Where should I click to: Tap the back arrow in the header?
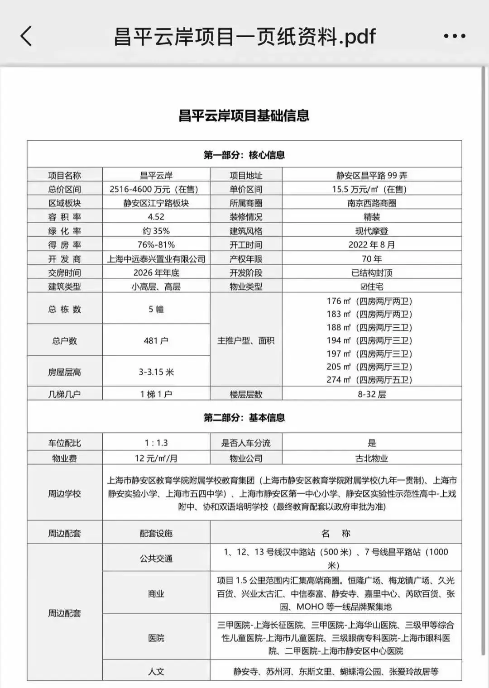(x=26, y=36)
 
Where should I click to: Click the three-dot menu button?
(x=454, y=36)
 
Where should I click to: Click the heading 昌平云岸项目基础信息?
(x=244, y=115)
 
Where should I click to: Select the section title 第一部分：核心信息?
(x=244, y=155)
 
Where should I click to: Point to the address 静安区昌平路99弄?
(x=371, y=176)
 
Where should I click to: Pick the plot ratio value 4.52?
(x=156, y=217)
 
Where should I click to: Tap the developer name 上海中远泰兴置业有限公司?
(x=156, y=259)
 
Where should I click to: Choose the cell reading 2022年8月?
(x=371, y=245)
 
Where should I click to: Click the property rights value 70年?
(x=371, y=259)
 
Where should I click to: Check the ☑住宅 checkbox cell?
(x=371, y=287)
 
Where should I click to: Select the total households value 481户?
(x=156, y=340)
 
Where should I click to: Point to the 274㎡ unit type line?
(x=369, y=380)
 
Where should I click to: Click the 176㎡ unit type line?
(x=369, y=301)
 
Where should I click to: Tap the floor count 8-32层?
(x=371, y=394)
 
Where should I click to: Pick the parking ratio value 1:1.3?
(x=156, y=443)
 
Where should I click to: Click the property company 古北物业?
(x=371, y=458)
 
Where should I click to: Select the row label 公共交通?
(x=156, y=558)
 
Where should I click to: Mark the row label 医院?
(x=156, y=638)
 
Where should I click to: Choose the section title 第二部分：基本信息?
(x=244, y=417)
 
